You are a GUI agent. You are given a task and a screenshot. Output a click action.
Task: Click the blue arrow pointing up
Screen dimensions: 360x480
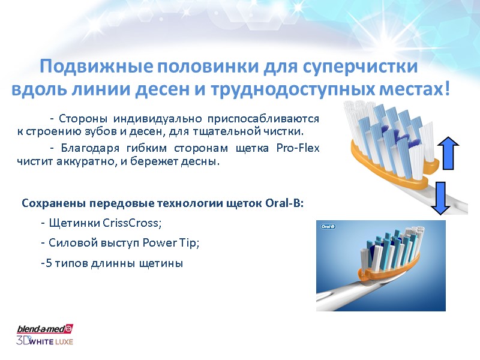(448, 153)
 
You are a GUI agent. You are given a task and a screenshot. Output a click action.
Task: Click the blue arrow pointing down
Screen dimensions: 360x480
(440, 197)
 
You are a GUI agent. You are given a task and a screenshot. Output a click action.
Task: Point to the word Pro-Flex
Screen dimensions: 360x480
(298, 148)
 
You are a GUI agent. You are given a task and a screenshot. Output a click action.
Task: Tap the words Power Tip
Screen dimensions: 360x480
(173, 243)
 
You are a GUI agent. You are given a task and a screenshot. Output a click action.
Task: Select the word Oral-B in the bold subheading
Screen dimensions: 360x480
(285, 203)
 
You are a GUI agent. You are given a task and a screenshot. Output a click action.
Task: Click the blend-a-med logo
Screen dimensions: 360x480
(44, 329)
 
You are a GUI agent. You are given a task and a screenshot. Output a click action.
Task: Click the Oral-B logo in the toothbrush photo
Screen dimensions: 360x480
(328, 227)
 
